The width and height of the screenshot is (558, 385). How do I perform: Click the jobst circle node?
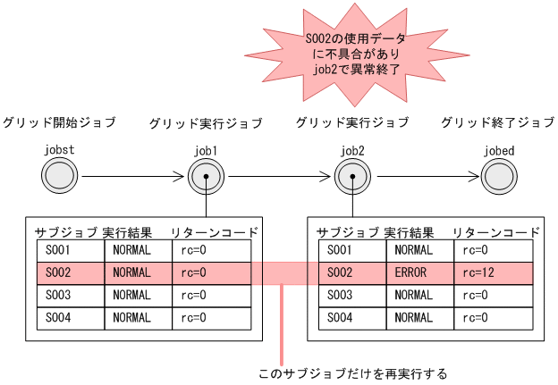click(58, 176)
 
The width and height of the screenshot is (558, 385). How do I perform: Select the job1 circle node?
click(206, 176)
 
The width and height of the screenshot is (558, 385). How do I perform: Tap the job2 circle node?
click(354, 176)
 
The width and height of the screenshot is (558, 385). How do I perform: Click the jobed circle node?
click(498, 176)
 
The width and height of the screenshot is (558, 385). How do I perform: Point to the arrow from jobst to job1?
click(130, 176)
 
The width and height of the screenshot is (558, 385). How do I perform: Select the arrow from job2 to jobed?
click(427, 176)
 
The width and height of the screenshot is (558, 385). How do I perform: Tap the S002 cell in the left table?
click(70, 272)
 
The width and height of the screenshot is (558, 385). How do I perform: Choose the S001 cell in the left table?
click(70, 250)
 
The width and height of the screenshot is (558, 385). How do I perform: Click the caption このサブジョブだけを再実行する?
click(351, 372)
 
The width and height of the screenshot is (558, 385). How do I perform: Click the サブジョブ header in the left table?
click(65, 232)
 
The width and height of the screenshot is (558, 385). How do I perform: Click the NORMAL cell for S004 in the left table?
click(139, 317)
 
